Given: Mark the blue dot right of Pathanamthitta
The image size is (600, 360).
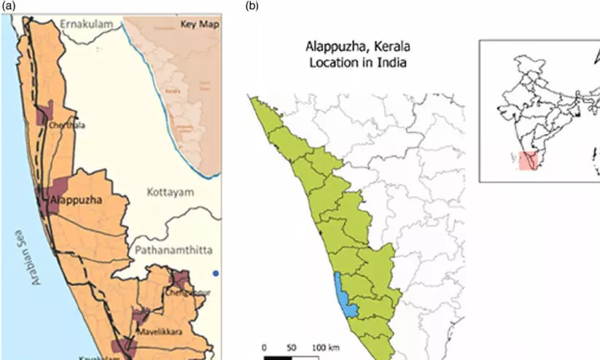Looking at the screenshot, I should pos(216,273).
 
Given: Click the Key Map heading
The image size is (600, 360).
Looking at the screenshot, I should pos(199,25).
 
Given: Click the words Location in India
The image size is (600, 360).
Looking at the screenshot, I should pos(355,63).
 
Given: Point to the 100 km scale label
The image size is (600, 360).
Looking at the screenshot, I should pos(325,347).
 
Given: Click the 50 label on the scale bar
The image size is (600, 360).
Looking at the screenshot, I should pos(292,347).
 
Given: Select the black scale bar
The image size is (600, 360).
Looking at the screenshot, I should pos(277,357).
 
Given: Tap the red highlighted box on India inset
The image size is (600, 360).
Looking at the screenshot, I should pos(528,160).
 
